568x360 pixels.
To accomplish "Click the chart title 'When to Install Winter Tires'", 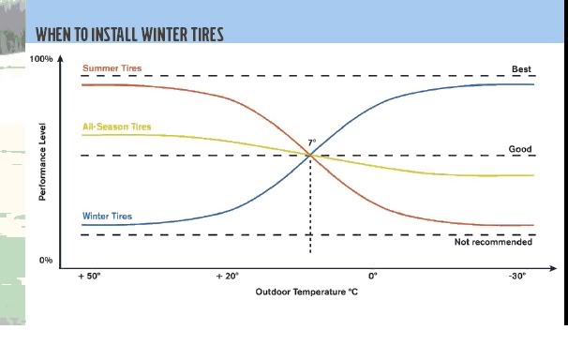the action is click(129, 35).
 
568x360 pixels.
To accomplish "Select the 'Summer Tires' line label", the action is click(112, 67).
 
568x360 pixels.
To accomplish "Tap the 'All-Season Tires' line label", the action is click(116, 127).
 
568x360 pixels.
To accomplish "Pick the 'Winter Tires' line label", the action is click(107, 216).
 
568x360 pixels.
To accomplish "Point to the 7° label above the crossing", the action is click(312, 142).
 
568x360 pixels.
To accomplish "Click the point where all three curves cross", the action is click(310, 156).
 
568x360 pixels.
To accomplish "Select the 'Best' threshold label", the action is click(521, 68).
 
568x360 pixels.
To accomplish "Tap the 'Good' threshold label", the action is click(520, 149).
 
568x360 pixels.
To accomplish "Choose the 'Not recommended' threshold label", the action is click(493, 242).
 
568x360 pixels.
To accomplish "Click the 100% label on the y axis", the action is click(41, 59).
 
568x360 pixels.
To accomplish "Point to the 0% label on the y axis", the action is click(46, 260).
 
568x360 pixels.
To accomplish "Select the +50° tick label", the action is click(89, 276).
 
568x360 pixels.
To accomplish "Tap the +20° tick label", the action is click(228, 276).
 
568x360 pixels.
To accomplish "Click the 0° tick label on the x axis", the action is click(373, 276).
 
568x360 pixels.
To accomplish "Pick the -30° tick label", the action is click(517, 276).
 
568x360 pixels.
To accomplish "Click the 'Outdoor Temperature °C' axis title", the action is click(306, 292).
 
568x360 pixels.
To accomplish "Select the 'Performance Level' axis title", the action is click(42, 162).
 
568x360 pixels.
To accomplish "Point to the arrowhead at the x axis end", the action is click(553, 268).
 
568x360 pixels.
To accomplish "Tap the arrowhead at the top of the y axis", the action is click(61, 58).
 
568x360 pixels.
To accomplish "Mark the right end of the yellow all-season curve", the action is click(533, 175).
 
